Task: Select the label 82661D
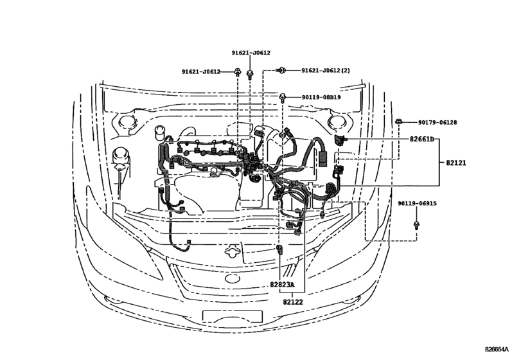(x=421, y=139)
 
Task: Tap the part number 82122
(x=292, y=300)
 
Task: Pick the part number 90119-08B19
(x=321, y=98)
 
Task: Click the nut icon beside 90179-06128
(x=399, y=121)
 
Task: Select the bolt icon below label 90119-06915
(x=417, y=224)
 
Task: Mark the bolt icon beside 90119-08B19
(x=283, y=97)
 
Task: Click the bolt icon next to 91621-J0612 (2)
(x=281, y=69)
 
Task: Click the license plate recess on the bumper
(x=233, y=315)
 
